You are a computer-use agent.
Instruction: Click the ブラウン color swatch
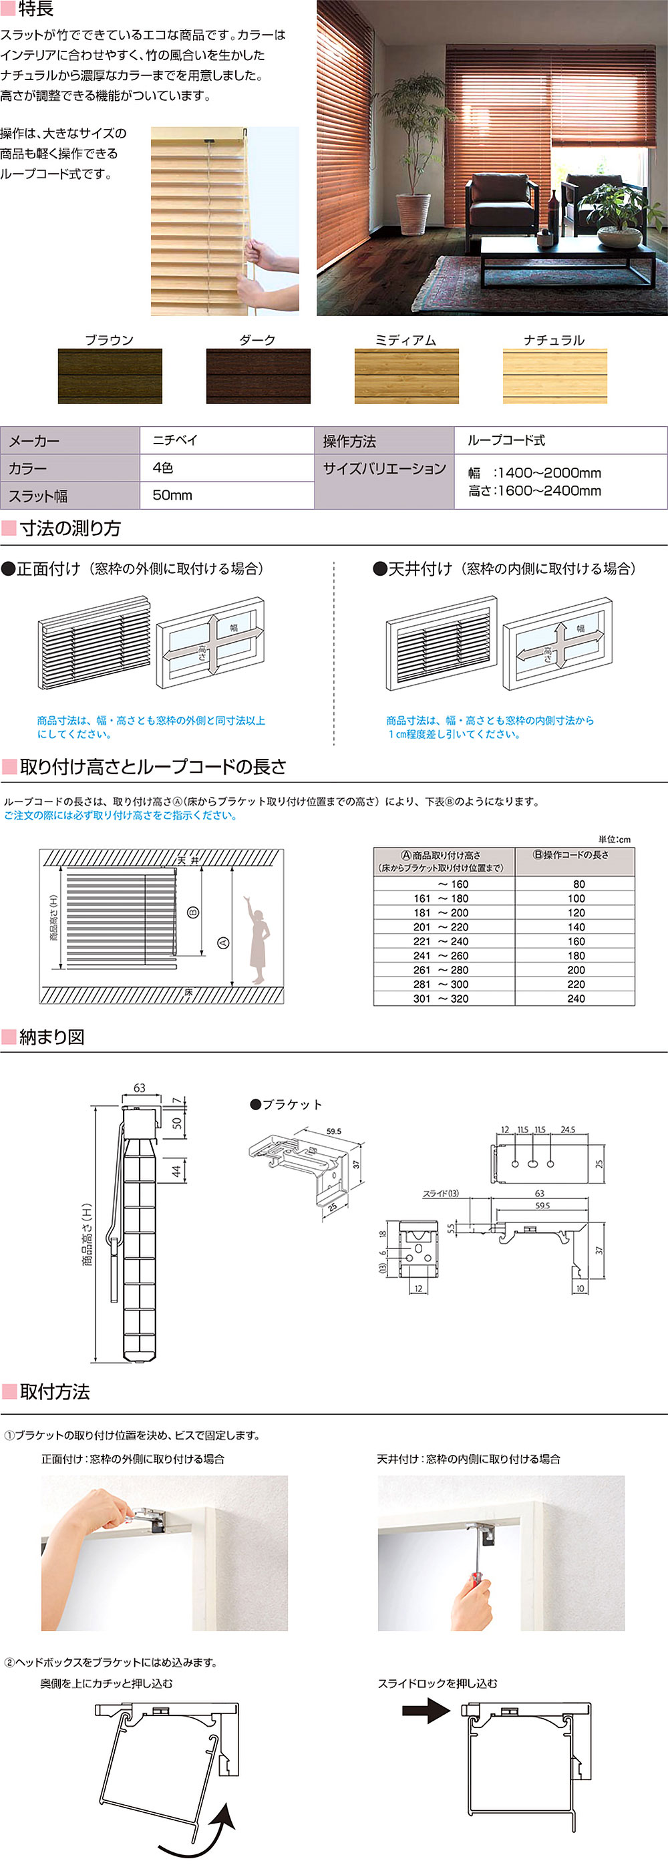pos(110,375)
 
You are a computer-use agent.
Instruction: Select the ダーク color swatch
pos(259,375)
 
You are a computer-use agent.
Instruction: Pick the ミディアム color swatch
pos(407,375)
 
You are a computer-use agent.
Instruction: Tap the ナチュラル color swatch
pos(554,375)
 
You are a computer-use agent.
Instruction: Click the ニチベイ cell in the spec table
pos(176,440)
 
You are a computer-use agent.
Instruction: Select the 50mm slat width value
pos(172,495)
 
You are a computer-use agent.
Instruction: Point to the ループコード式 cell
pos(506,440)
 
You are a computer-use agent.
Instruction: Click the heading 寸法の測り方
pos(70,528)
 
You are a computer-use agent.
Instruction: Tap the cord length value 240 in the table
pos(576,999)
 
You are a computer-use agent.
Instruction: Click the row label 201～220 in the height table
pos(441,927)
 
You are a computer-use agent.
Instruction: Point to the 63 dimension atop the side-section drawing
pos(139,1087)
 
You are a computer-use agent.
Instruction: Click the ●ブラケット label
pos(286,1104)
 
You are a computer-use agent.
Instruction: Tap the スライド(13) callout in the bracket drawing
pos(441,1194)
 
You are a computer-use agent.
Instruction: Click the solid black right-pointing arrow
pos(426,1710)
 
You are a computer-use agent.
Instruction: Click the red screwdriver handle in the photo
pos(476,1580)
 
